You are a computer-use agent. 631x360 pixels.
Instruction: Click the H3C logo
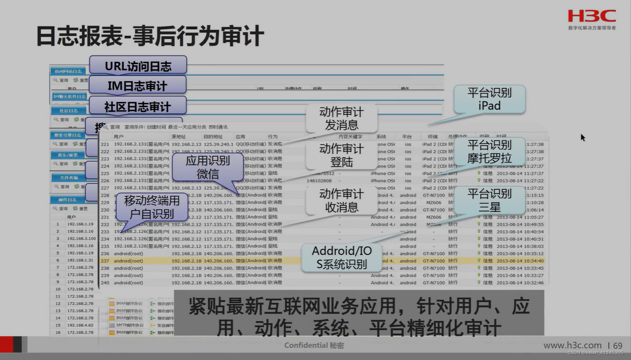coord(591,16)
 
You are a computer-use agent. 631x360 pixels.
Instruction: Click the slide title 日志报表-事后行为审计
coord(150,37)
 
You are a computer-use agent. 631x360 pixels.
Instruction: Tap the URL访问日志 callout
coord(138,66)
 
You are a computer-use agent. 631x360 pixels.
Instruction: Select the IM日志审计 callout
coord(137,86)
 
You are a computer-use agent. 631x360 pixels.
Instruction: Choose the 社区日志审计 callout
coord(137,106)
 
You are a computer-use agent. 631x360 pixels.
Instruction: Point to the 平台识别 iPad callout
coord(489,99)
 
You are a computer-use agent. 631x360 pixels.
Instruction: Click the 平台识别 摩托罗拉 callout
coord(489,151)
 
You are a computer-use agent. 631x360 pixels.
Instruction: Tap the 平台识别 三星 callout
coord(489,200)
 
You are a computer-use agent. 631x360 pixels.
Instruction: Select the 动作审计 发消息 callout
coord(341,119)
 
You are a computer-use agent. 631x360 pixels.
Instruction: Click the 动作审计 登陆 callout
coord(341,155)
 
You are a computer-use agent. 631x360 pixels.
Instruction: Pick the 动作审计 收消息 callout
coord(341,201)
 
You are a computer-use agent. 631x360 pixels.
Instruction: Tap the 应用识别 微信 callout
coord(208,167)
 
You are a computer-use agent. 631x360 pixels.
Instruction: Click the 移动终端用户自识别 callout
coord(151,207)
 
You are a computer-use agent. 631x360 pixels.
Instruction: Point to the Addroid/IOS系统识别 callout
coord(342,257)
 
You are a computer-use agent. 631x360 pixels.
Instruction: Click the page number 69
coord(617,346)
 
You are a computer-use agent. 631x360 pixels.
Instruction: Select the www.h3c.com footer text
coord(573,346)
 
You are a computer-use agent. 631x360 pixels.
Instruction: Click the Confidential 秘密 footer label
coord(314,346)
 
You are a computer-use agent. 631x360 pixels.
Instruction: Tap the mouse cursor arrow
coord(583,138)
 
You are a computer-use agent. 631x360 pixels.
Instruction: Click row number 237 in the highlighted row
coord(105,261)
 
